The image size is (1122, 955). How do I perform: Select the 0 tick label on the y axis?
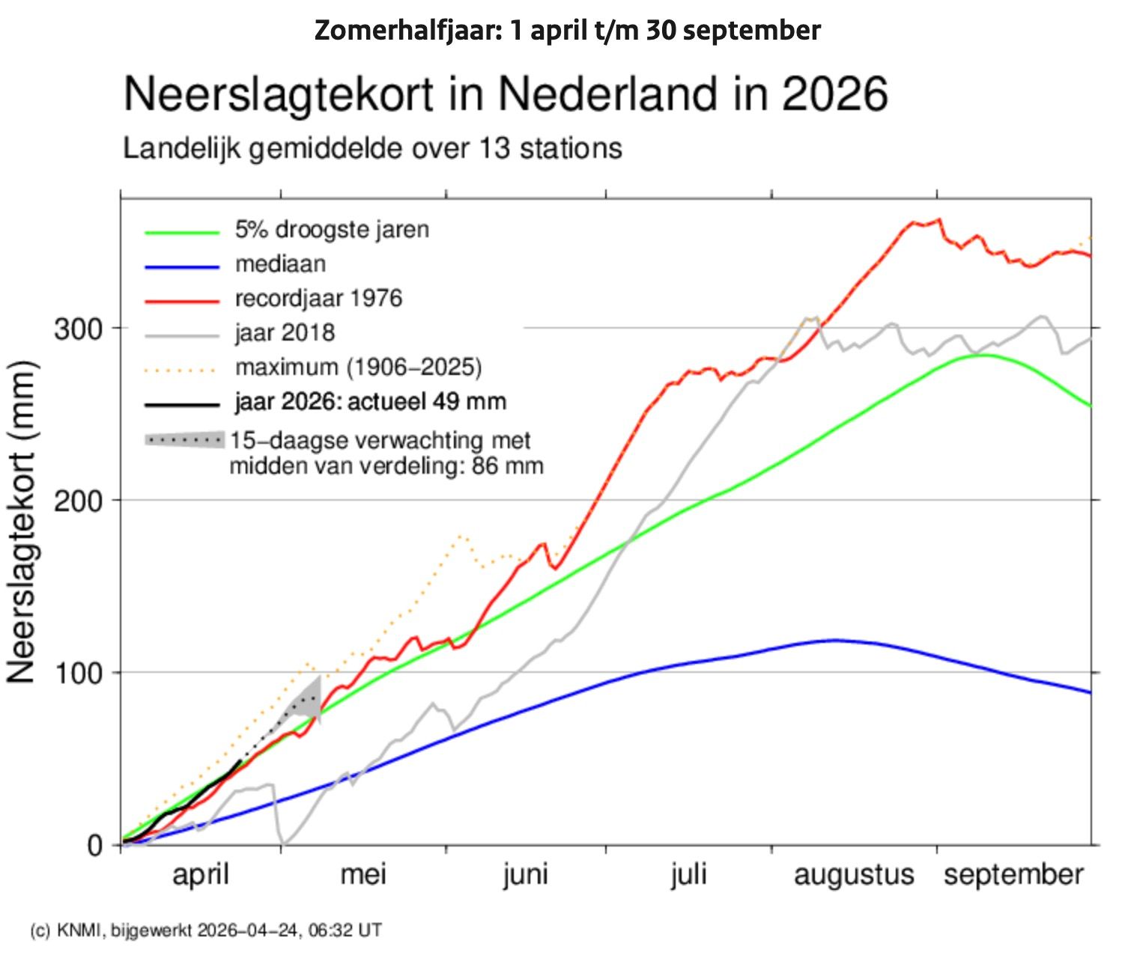coord(94,845)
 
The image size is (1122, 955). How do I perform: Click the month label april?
coord(200,874)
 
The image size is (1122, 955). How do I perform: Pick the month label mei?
coord(363,874)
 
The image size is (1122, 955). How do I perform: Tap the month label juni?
coord(525,874)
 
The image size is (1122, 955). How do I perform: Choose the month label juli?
coord(688,874)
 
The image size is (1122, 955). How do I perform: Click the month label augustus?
coord(854,874)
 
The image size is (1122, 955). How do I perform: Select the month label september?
coord(1013,874)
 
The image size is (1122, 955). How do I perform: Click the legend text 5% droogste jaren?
coord(332,229)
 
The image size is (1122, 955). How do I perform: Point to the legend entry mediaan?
coord(280,263)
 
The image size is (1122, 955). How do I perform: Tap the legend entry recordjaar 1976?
coord(318,298)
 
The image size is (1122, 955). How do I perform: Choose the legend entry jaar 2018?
coord(285,332)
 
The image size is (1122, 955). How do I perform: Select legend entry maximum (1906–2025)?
coord(358,367)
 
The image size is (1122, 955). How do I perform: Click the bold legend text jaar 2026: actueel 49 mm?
coord(371,401)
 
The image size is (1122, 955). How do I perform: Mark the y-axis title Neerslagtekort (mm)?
coord(22,521)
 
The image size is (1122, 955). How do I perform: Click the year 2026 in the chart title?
coord(834,94)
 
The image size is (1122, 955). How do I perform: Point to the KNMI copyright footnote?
coord(206,930)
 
